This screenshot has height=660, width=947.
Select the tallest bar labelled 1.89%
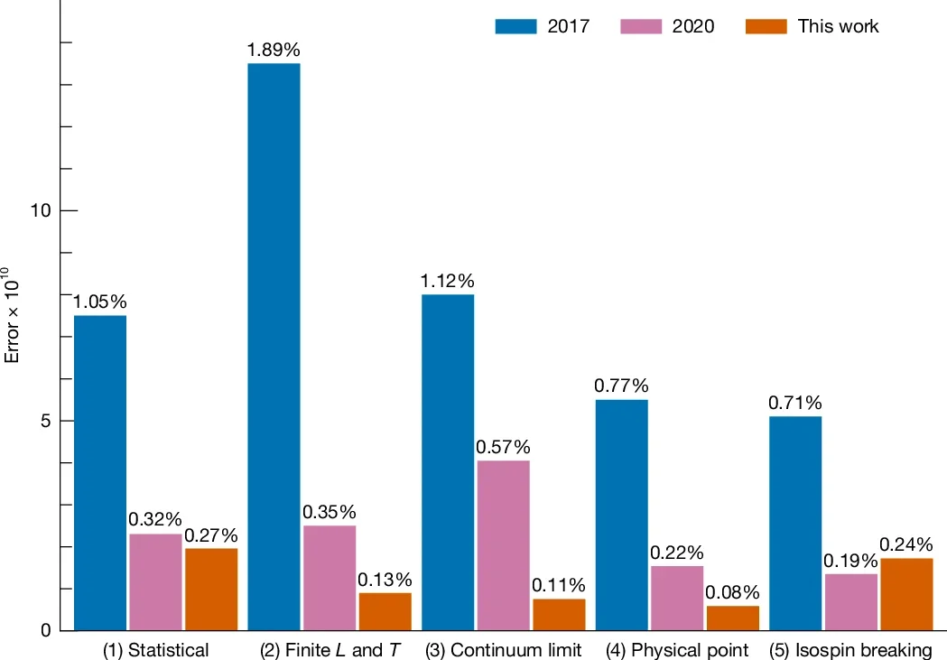tap(274, 347)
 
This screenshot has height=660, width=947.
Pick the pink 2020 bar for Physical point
tap(676, 598)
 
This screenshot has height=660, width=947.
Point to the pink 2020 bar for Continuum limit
tap(503, 545)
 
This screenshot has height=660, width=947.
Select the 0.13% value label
tap(385, 580)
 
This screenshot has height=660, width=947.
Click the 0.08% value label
tap(732, 593)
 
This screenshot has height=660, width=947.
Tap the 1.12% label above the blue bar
tap(447, 281)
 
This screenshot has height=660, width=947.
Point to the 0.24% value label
tap(906, 545)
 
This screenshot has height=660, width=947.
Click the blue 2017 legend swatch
tap(516, 26)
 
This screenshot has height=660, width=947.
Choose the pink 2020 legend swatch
tap(641, 26)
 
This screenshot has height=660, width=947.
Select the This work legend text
tap(838, 26)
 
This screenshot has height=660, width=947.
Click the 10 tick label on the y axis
tap(39, 211)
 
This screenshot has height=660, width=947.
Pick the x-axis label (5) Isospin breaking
tap(850, 650)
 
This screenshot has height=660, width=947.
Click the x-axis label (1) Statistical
tap(156, 650)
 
